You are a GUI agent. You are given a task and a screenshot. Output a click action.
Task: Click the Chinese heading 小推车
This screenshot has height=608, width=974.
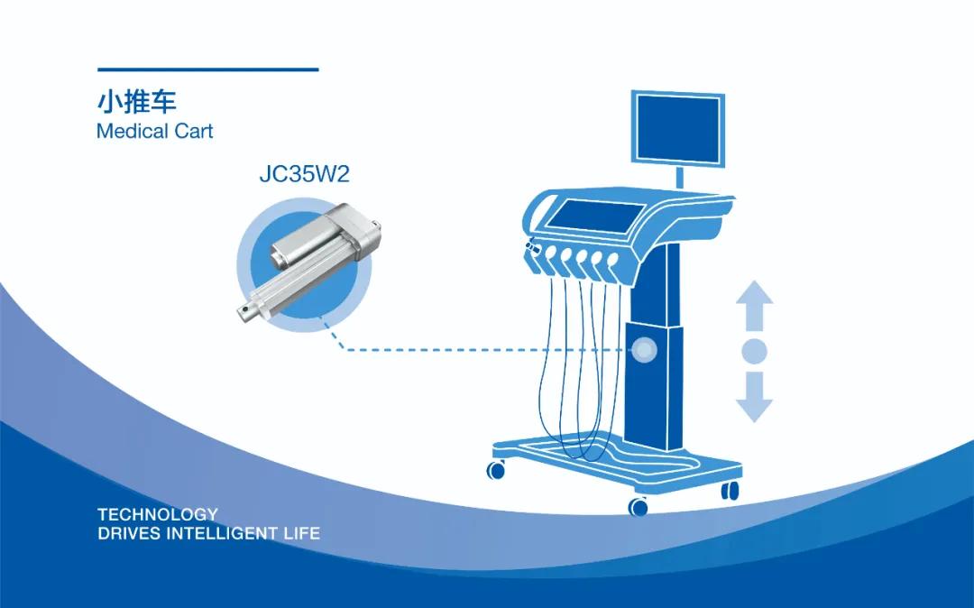[x=137, y=102]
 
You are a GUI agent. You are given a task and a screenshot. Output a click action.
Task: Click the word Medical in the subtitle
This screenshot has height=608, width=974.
[x=133, y=131]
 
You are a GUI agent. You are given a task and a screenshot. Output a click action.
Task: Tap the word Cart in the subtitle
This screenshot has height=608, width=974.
[x=193, y=131]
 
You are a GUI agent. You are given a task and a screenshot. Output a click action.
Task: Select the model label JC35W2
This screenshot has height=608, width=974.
[x=305, y=174]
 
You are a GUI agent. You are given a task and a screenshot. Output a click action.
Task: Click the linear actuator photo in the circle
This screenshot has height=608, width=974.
[x=308, y=263]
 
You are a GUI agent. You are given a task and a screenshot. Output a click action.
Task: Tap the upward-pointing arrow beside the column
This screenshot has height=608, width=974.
[x=754, y=305]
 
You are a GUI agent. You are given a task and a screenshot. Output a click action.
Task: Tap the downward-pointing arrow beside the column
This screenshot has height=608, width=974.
[x=754, y=397]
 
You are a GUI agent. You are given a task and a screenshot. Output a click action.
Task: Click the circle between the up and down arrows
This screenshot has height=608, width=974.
[x=754, y=351]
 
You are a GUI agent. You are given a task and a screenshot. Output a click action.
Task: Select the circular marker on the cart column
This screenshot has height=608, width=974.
[x=644, y=350]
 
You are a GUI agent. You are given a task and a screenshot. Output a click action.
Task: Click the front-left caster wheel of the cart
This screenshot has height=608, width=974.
[x=496, y=470]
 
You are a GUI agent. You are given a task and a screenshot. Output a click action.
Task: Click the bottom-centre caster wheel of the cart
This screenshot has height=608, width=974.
[x=638, y=507]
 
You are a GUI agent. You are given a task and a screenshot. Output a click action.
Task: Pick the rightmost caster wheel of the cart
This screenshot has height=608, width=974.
[x=730, y=490]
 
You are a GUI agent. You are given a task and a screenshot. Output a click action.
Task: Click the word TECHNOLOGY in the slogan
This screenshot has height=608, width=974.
[x=158, y=514]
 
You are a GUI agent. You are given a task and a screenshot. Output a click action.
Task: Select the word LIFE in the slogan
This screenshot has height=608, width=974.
[x=302, y=533]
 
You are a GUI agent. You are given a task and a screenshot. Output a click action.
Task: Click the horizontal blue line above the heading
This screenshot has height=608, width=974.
[x=208, y=69]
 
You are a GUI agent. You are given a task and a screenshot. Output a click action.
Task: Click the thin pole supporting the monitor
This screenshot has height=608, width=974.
[x=680, y=177]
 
